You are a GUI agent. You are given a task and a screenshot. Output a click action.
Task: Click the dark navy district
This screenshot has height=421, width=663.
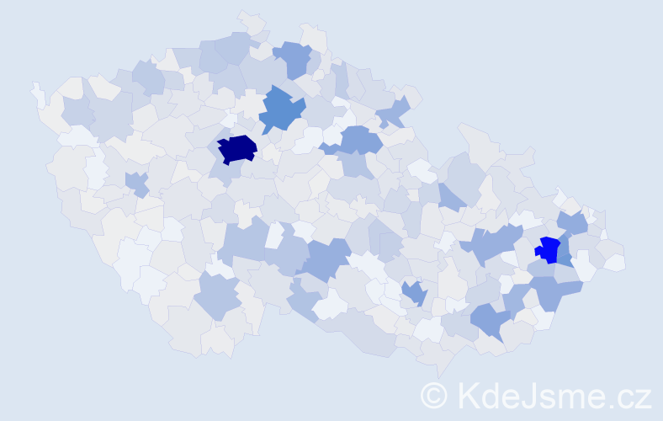(x=237, y=149)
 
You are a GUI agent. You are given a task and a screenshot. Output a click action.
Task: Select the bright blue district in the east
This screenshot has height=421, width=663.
(x=549, y=250)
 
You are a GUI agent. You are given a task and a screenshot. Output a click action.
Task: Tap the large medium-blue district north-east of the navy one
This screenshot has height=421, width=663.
(x=281, y=110)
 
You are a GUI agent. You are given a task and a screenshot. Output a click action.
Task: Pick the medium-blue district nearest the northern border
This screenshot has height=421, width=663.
(x=294, y=58)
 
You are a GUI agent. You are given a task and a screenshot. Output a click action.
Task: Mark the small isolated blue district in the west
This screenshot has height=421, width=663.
(x=135, y=182)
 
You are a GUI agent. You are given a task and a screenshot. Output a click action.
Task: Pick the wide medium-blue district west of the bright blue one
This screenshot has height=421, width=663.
(x=494, y=244)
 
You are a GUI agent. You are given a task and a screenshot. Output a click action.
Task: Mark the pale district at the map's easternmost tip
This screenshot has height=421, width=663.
(x=616, y=262)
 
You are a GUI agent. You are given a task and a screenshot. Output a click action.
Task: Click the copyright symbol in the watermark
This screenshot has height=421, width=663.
(x=433, y=395)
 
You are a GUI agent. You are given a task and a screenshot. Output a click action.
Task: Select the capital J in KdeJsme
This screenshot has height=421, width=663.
(x=529, y=395)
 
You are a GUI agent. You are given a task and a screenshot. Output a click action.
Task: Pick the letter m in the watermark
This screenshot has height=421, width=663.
(x=570, y=397)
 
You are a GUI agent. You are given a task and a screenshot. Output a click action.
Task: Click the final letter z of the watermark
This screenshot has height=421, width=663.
(x=642, y=397)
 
